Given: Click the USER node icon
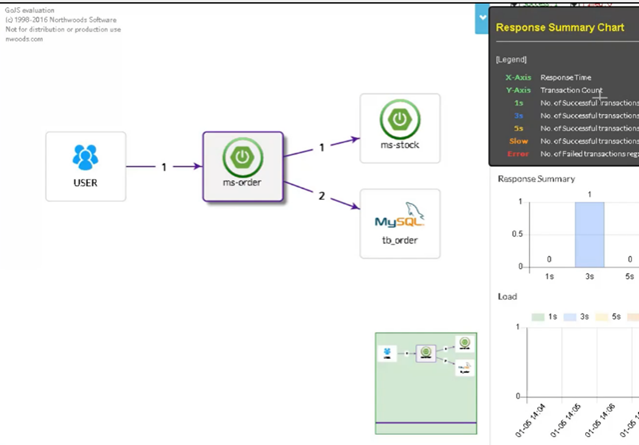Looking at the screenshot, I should point(85,157).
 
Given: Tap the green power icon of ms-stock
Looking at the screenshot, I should point(399,119).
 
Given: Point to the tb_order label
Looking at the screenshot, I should point(399,240).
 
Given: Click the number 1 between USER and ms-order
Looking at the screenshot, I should point(164,167).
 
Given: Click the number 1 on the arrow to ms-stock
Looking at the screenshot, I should point(322,148).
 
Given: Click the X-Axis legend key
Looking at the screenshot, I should point(517,77).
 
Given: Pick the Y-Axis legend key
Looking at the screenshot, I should point(517,90).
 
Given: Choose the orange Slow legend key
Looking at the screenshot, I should point(518,141).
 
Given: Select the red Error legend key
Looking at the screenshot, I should point(518,154).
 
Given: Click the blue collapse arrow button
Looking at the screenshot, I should point(482,17).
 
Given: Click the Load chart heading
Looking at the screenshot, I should point(507,297).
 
